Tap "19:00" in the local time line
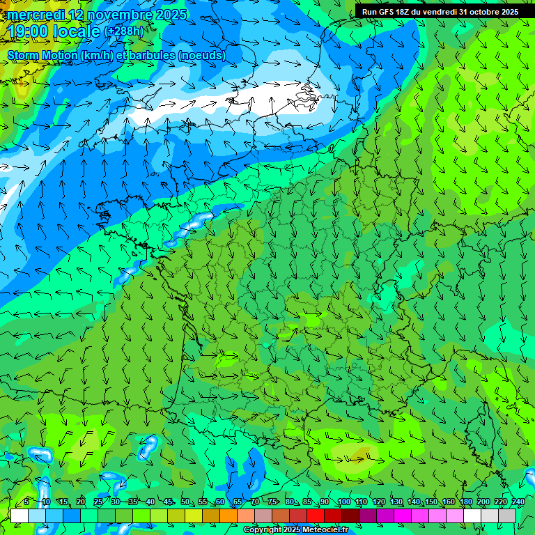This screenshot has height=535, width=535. (x=26, y=31)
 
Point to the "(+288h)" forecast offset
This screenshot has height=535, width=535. (x=124, y=31)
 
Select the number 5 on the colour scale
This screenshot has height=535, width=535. (x=26, y=502)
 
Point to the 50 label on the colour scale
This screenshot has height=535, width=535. (x=185, y=502)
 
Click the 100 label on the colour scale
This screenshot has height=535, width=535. (x=343, y=502)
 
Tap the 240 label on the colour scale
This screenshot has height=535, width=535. (x=518, y=502)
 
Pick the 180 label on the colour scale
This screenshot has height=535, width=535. (x=465, y=502)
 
